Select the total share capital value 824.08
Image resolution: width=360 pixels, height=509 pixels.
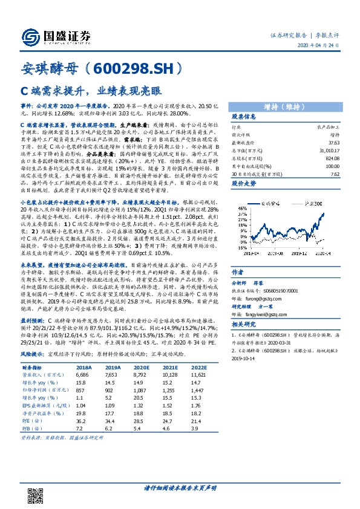coord(330,155)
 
